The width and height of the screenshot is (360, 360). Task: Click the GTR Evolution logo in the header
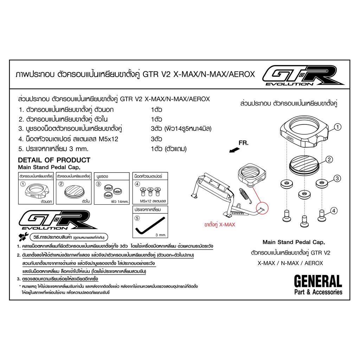303,75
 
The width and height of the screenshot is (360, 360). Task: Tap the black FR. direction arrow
234,150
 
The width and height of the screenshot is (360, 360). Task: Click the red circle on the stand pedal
262,208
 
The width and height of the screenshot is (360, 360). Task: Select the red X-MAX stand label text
220,225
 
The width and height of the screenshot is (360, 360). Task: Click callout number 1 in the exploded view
337,127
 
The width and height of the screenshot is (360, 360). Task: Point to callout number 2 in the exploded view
329,159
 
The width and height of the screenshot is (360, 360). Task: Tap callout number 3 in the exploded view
337,178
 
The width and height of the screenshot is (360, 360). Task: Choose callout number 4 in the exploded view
334,211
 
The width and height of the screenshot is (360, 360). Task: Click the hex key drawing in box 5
150,226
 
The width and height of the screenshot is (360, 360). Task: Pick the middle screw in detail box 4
150,192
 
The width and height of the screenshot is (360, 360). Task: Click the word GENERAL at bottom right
318,281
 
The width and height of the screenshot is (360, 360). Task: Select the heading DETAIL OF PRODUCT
54,160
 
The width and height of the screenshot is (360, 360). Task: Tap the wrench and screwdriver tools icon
24,237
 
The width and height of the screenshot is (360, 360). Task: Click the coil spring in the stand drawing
245,195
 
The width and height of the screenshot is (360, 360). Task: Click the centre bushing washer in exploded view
304,194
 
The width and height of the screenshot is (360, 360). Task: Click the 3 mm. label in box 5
161,235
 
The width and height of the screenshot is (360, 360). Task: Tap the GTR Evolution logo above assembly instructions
58,220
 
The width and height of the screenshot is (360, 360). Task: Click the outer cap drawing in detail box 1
36,191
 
